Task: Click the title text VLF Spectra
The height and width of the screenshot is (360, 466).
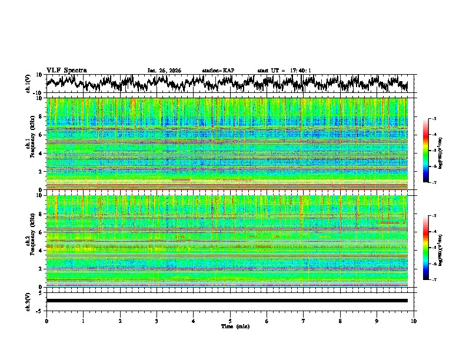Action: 66,70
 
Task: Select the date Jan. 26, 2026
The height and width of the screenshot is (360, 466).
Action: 164,71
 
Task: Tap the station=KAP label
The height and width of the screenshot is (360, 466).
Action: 218,71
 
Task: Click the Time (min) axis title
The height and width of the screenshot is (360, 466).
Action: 230,326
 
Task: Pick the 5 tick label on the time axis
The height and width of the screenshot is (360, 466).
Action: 230,321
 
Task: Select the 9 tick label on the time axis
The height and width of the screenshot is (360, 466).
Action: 377,321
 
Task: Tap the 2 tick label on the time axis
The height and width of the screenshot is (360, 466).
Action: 120,321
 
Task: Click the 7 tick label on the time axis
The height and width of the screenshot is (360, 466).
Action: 304,321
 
